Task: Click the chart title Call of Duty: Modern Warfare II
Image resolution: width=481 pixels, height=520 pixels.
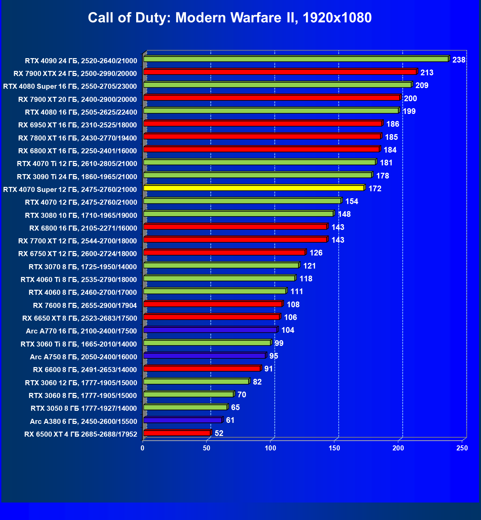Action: [x=230, y=18]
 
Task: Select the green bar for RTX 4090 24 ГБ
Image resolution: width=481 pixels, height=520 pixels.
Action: [x=296, y=59]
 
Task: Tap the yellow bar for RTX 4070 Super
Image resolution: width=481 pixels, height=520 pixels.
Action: [x=254, y=188]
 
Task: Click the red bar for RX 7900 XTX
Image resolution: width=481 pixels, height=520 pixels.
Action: [x=280, y=72]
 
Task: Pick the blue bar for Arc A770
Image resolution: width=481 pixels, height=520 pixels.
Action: [x=210, y=330]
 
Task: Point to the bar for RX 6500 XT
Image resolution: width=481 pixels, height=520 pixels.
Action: [x=177, y=433]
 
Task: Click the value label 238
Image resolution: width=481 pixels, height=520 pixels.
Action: [x=459, y=60]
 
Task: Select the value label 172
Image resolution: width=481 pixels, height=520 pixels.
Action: [x=375, y=189]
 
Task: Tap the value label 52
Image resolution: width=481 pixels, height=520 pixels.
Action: [x=219, y=433]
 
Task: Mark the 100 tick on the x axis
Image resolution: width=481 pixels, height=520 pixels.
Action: [x=270, y=448]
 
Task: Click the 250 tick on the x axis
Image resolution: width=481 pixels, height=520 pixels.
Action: [x=462, y=448]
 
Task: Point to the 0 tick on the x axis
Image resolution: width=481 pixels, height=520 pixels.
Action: [x=143, y=448]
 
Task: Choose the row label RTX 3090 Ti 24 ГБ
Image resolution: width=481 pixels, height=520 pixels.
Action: [x=77, y=177]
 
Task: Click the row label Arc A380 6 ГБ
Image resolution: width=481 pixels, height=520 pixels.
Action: [x=83, y=422]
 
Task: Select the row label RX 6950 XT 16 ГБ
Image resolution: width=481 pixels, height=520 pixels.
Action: [x=78, y=125]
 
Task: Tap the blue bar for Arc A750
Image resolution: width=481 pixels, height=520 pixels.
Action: [x=205, y=356]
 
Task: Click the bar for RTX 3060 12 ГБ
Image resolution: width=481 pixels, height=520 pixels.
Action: [x=196, y=382]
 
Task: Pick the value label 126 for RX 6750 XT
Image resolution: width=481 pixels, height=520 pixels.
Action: [x=316, y=253]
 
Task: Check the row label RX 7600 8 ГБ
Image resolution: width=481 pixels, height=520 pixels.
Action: [x=85, y=306]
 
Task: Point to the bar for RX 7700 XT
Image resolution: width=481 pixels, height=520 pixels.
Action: [x=235, y=240]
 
